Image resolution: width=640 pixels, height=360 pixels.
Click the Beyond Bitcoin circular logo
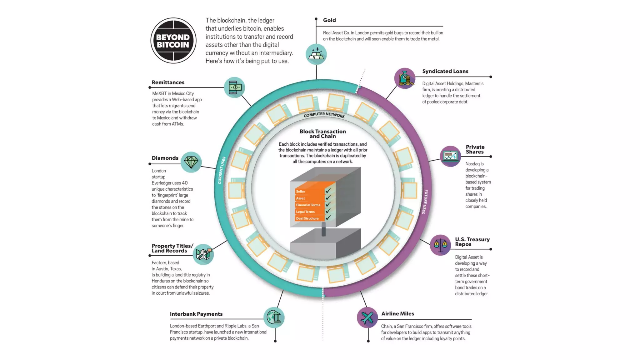coord(173,41)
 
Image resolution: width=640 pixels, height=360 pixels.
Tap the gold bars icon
coord(316,54)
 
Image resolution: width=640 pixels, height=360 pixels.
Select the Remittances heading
coord(168,82)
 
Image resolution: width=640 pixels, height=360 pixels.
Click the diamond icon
coord(191,162)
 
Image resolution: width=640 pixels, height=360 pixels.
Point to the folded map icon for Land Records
coord(203,254)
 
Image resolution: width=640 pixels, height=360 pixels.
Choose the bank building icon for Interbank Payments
coord(274,317)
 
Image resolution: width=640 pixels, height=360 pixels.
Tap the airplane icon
coord(367,318)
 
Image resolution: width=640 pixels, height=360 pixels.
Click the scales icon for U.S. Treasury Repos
coord(440,245)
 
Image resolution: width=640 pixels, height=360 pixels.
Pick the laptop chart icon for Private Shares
coord(450,156)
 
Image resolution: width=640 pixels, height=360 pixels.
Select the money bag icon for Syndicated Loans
coord(405,78)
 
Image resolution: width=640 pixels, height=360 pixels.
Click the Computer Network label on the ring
coord(324,115)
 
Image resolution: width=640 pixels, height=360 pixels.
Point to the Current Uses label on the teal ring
coord(222,170)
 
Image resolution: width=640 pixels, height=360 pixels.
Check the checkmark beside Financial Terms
coord(328,204)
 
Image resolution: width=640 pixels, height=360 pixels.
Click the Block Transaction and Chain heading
coord(322,134)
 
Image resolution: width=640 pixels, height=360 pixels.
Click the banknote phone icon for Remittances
coord(235,87)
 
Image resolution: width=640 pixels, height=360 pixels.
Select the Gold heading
coord(329,20)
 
